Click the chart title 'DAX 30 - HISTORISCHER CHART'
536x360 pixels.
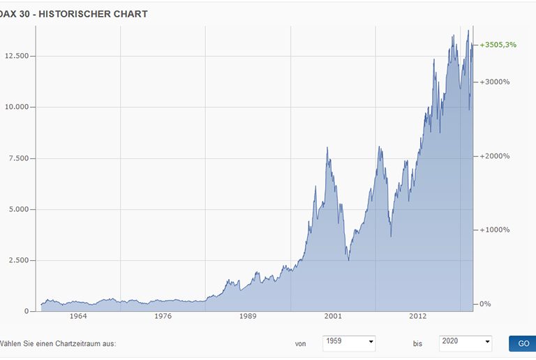74,13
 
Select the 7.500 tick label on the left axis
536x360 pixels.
16,158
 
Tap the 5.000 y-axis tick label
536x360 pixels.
16,209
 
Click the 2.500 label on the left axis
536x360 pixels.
16,260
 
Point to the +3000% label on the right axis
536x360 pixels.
495,82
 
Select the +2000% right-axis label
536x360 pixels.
495,156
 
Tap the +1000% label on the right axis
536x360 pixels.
495,230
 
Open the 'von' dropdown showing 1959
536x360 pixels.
349,343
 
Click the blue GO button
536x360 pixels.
523,343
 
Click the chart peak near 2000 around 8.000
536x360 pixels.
327,148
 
